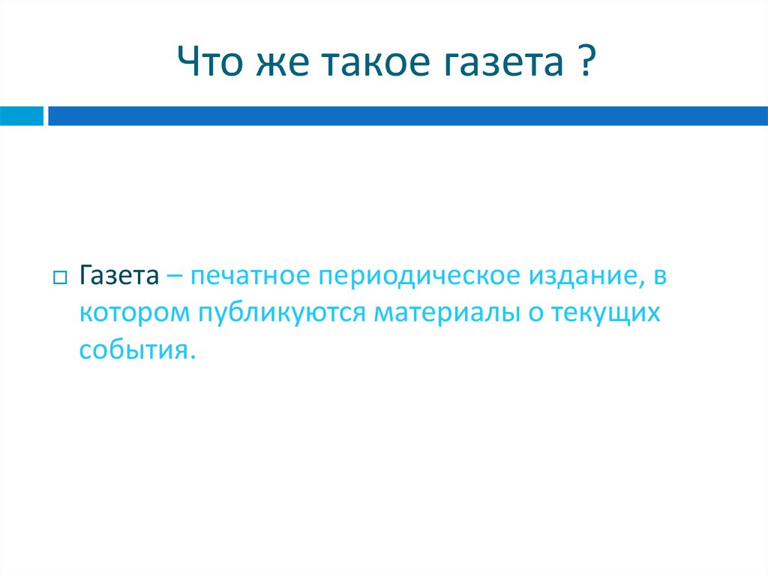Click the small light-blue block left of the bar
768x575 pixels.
pos(21,115)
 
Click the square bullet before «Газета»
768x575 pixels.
pos(60,277)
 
